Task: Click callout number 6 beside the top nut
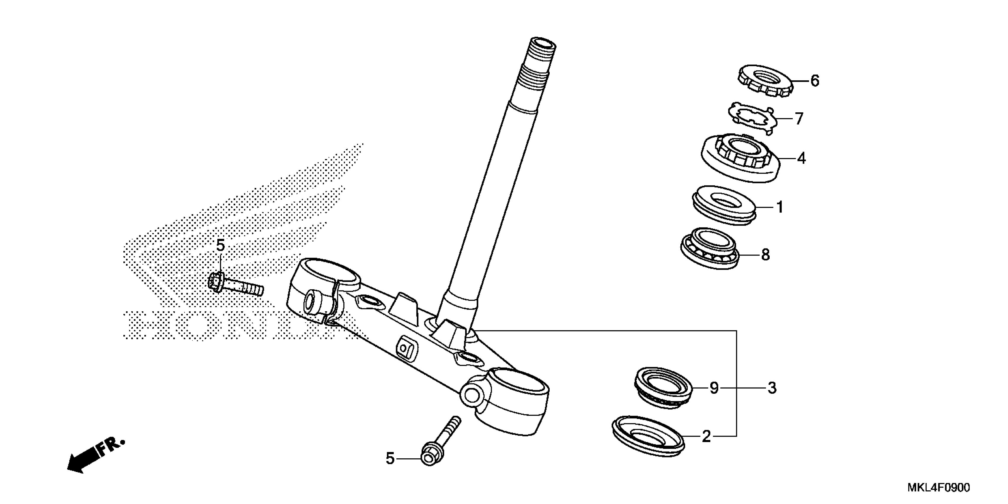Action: pyautogui.click(x=814, y=81)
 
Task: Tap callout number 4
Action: pyautogui.click(x=801, y=159)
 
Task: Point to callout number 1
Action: pyautogui.click(x=779, y=207)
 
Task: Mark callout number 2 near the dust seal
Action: pyautogui.click(x=706, y=437)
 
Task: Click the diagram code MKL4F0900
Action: pyautogui.click(x=938, y=488)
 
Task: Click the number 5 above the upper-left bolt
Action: pyautogui.click(x=221, y=246)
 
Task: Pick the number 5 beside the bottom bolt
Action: pyautogui.click(x=390, y=459)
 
